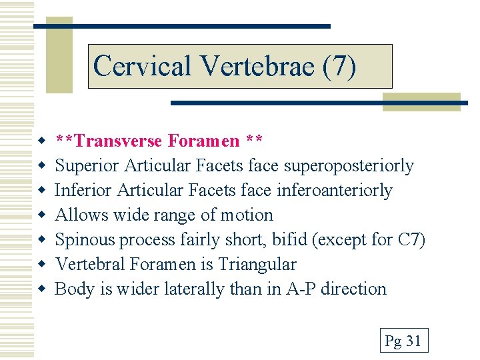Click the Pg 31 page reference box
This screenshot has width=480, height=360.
(403, 341)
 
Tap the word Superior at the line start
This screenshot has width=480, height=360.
(83, 166)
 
